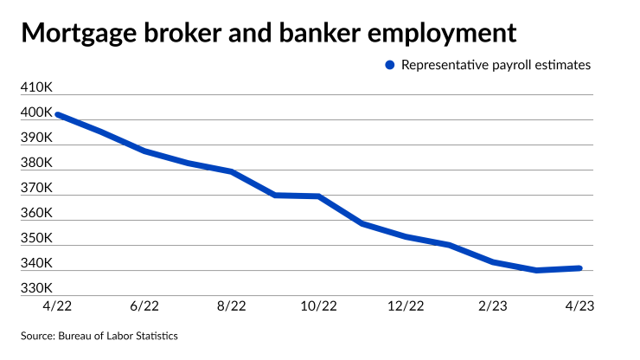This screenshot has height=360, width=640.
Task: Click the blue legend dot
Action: [389, 64]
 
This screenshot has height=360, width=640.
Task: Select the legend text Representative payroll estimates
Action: [496, 64]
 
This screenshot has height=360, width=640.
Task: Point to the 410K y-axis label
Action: [37, 88]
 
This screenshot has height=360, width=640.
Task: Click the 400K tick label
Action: [37, 113]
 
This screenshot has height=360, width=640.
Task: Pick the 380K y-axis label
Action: [37, 163]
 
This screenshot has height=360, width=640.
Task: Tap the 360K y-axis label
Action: [37, 213]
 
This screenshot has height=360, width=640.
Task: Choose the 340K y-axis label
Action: [37, 263]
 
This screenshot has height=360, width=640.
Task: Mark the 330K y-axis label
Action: [37, 288]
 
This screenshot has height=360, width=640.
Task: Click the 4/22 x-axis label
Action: [57, 305]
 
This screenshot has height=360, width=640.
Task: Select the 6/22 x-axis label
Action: [144, 305]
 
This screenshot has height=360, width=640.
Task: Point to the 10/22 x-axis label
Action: [319, 305]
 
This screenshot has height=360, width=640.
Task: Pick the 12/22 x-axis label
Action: [406, 305]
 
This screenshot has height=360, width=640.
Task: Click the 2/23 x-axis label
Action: [494, 305]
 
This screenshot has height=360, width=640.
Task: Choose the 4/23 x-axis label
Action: [580, 305]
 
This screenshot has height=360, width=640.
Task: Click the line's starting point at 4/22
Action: [57, 114]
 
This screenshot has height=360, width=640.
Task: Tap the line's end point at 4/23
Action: [580, 268]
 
